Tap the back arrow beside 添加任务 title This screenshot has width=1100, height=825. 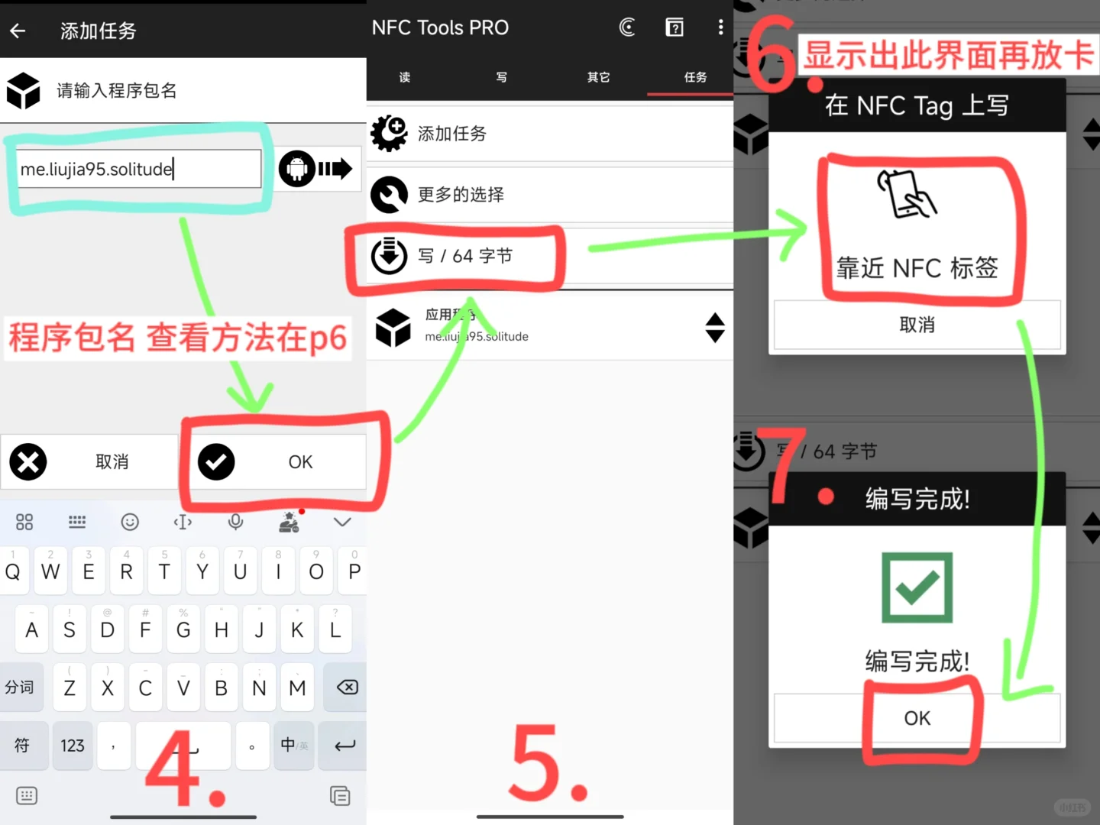pyautogui.click(x=18, y=31)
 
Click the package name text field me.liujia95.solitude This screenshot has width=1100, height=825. pyautogui.click(x=139, y=169)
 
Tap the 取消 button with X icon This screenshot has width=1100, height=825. pyautogui.click(x=89, y=462)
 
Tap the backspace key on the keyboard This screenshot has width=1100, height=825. pyautogui.click(x=346, y=687)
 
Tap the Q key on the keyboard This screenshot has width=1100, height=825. pyautogui.click(x=13, y=571)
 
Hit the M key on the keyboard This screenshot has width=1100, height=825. pyautogui.click(x=297, y=687)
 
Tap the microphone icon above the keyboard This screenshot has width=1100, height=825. pyautogui.click(x=235, y=522)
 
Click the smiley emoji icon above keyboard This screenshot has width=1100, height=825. pyautogui.click(x=130, y=522)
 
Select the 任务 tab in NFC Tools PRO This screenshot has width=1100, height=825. pyautogui.click(x=694, y=77)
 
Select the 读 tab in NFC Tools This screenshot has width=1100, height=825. pyautogui.click(x=404, y=77)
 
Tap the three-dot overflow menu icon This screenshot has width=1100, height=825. pyautogui.click(x=720, y=27)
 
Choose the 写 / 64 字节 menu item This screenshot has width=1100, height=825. pyautogui.click(x=464, y=256)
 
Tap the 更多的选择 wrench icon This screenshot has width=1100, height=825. pyautogui.click(x=389, y=195)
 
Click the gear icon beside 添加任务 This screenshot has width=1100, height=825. pyautogui.click(x=389, y=134)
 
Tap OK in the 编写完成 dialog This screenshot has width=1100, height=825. pyautogui.click(x=917, y=718)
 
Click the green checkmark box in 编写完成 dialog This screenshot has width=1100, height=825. pyautogui.click(x=917, y=587)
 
